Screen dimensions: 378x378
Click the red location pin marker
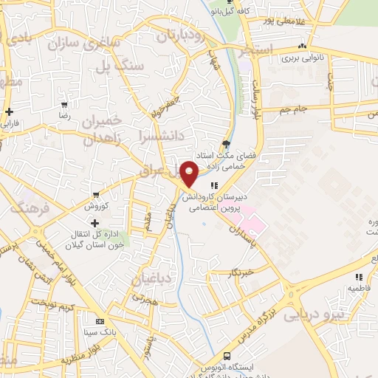click(x=189, y=173)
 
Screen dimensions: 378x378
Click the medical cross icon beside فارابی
click(x=9, y=112)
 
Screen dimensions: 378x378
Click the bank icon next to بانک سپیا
click(x=100, y=322)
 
